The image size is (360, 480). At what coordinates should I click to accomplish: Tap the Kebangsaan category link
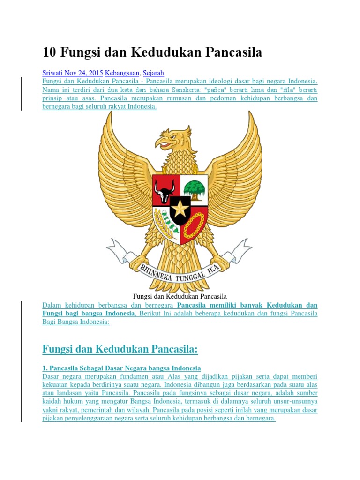[x=122, y=73]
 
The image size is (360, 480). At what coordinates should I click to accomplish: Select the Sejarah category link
[x=153, y=73]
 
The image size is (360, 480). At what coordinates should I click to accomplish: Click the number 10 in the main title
[x=49, y=52]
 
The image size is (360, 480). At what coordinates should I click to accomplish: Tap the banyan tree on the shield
[x=194, y=188]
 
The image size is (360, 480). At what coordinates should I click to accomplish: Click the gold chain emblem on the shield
[x=194, y=225]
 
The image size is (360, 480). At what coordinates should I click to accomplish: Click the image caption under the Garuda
[x=180, y=296]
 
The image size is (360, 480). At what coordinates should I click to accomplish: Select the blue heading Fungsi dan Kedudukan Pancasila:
[x=120, y=349]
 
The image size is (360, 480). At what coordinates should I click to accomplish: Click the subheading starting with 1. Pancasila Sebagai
[x=121, y=367]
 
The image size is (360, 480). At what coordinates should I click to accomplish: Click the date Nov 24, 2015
[x=87, y=73]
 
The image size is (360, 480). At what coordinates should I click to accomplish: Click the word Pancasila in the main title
[x=227, y=52]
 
